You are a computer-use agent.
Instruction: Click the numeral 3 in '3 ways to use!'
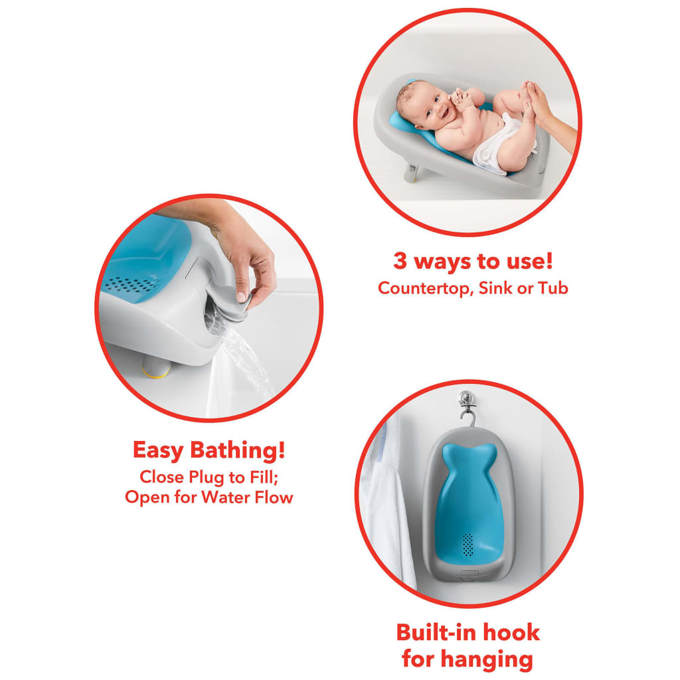[400, 262]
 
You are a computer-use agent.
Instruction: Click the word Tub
[553, 288]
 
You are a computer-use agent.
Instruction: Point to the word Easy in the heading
[158, 451]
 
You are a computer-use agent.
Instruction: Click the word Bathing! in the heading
[238, 450]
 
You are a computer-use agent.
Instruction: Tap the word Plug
[206, 477]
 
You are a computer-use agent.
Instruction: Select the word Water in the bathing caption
[225, 497]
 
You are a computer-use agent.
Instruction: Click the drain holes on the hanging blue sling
[468, 545]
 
